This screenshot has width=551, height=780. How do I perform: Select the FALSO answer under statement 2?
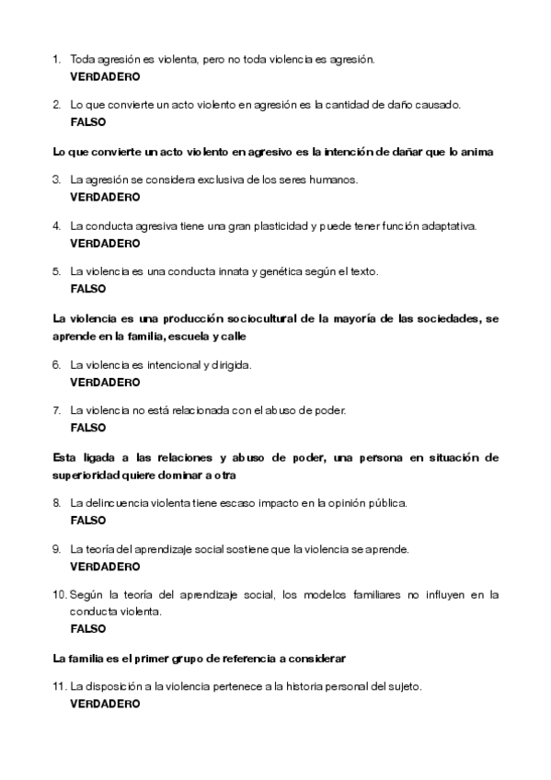(x=88, y=121)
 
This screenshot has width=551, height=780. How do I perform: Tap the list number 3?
(x=56, y=180)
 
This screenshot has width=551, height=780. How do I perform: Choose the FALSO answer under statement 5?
(x=88, y=289)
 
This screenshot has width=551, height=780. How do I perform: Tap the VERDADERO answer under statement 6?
(x=105, y=382)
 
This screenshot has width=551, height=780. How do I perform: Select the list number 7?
(x=56, y=411)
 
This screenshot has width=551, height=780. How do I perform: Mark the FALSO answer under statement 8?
(x=88, y=520)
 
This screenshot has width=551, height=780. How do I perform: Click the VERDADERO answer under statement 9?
(x=105, y=566)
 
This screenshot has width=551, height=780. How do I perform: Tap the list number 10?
(x=59, y=595)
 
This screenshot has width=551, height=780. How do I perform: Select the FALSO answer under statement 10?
(x=88, y=629)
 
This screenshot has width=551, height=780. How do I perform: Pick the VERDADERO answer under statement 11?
(x=105, y=704)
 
